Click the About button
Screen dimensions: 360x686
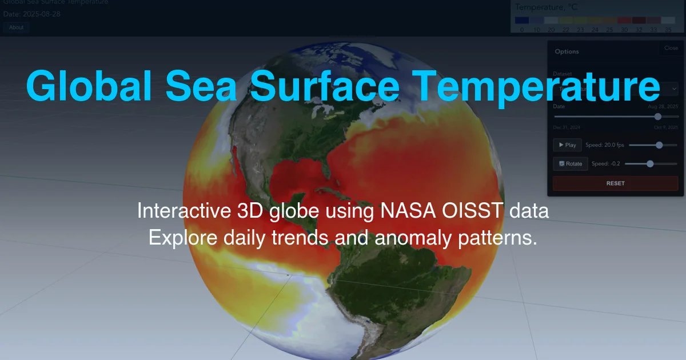click(16, 27)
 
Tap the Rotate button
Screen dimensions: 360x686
click(570, 163)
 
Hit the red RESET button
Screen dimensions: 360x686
click(615, 183)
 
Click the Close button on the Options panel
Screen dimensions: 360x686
click(671, 49)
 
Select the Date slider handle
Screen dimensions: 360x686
click(657, 116)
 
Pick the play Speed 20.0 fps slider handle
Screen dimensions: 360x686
click(659, 145)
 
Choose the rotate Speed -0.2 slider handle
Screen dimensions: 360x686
click(650, 163)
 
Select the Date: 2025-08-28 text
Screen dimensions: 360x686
click(32, 13)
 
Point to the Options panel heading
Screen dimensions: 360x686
click(567, 51)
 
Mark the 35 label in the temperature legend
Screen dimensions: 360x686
click(668, 29)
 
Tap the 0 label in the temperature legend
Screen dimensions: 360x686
click(521, 29)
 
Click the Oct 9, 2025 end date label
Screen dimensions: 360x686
click(665, 127)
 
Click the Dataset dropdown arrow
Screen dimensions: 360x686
click(673, 89)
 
